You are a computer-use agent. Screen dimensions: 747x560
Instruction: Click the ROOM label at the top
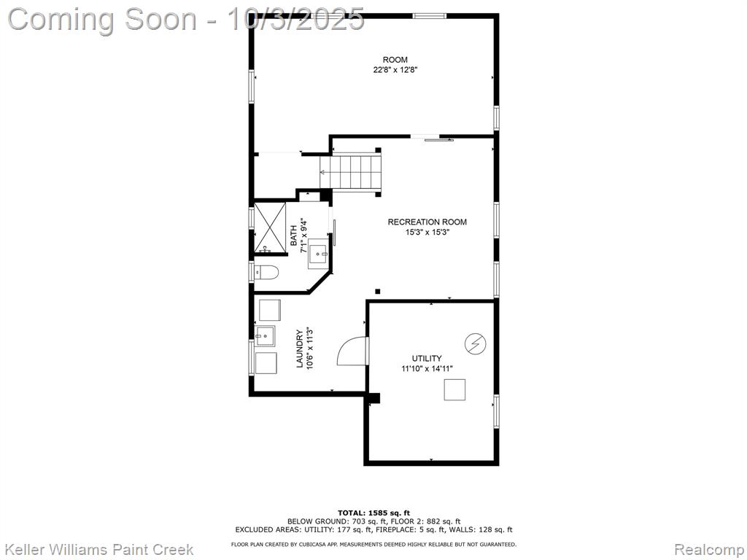click(395, 60)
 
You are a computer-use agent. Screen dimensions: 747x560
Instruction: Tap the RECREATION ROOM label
click(427, 222)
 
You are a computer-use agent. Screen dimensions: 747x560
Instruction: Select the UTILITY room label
click(426, 358)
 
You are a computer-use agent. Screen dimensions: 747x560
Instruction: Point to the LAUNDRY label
click(300, 349)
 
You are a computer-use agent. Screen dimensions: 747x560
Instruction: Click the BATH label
click(293, 236)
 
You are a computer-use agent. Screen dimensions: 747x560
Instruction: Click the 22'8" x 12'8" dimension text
click(395, 70)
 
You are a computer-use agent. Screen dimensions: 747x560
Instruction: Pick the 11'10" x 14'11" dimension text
click(426, 368)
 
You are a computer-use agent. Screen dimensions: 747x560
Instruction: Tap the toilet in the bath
click(266, 273)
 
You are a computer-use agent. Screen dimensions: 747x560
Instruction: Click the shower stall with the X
click(270, 227)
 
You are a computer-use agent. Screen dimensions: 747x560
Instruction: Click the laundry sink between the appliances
click(265, 335)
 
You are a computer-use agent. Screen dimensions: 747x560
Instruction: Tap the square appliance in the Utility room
click(454, 389)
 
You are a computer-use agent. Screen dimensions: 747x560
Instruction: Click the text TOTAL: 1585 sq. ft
click(373, 513)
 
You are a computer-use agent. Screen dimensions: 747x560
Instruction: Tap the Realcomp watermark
click(709, 550)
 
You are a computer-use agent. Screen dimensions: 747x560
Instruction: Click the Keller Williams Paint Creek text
click(98, 550)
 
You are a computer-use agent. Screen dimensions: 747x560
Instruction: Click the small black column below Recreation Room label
click(378, 292)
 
